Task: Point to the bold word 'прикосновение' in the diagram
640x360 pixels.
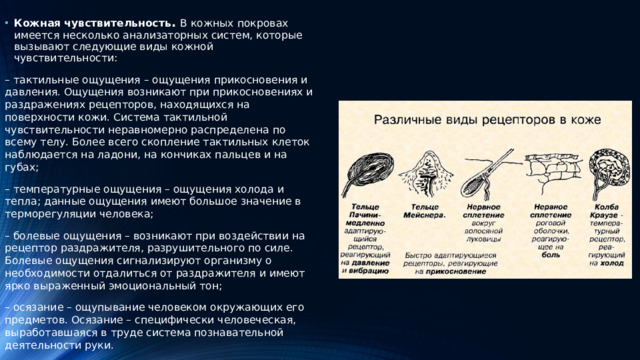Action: tap(470, 270)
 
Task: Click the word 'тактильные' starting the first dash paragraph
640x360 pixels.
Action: tap(47, 80)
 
